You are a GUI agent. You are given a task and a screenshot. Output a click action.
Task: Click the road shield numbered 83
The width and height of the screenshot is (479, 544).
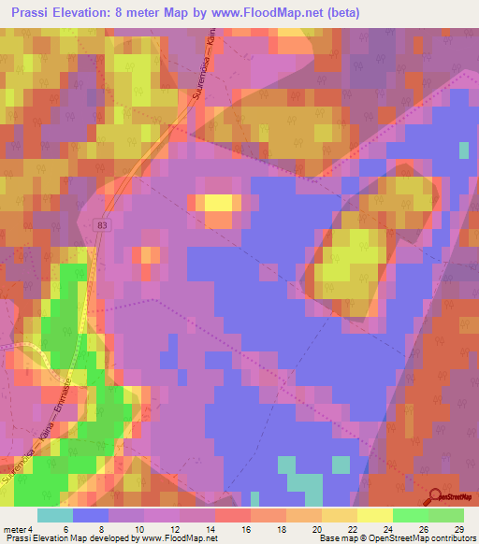[100, 225]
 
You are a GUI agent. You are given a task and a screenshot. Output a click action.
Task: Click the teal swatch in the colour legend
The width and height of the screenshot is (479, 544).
[54, 515]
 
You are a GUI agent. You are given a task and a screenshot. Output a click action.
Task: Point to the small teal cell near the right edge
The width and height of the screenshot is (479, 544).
[464, 150]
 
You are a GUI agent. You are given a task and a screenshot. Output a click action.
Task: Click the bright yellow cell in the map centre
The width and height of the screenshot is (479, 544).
[219, 202]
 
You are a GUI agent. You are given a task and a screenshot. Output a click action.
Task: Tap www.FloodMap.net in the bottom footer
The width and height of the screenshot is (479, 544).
[186, 538]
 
